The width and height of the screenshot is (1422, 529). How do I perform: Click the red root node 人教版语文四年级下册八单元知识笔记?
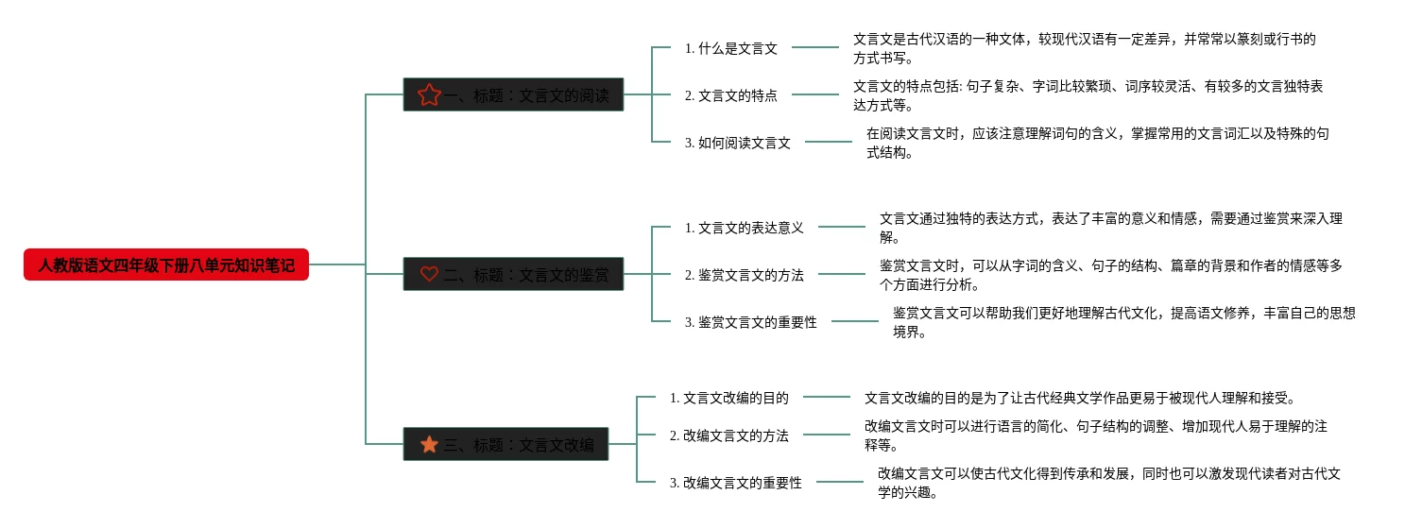[x=166, y=266]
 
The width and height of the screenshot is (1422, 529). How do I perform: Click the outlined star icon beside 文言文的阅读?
[x=429, y=94]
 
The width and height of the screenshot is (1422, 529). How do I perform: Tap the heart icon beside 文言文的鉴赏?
[x=429, y=274]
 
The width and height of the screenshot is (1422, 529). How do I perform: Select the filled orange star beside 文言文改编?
[x=429, y=444]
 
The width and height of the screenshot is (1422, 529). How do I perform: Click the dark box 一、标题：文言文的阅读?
[x=513, y=94]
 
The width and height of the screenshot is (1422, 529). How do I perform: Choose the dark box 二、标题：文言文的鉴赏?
[x=513, y=274]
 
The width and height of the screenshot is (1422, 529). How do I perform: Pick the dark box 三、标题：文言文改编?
[x=505, y=444]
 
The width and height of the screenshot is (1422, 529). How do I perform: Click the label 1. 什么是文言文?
[x=730, y=48]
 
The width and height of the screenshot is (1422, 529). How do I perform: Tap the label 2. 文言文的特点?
[x=730, y=95]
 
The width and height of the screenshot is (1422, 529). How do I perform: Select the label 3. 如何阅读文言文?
[x=737, y=143]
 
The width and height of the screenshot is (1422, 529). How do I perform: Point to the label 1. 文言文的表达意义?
[x=744, y=228]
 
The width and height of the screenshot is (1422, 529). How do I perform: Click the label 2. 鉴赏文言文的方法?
[x=744, y=275]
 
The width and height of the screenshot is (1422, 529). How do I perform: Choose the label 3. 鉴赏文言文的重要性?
[x=750, y=322]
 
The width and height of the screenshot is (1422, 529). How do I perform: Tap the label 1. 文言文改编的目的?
[x=728, y=398]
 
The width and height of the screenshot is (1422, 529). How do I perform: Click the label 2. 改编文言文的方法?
[x=728, y=435]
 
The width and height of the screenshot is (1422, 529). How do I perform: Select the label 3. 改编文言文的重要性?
[x=735, y=483]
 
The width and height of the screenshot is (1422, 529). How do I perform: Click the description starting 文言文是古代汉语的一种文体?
[x=1084, y=48]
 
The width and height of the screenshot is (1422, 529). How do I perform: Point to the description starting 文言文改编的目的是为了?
[x=1079, y=398]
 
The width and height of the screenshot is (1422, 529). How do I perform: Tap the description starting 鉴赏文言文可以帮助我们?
[x=1123, y=322]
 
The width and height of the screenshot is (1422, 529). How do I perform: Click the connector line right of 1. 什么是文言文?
[x=815, y=47]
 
